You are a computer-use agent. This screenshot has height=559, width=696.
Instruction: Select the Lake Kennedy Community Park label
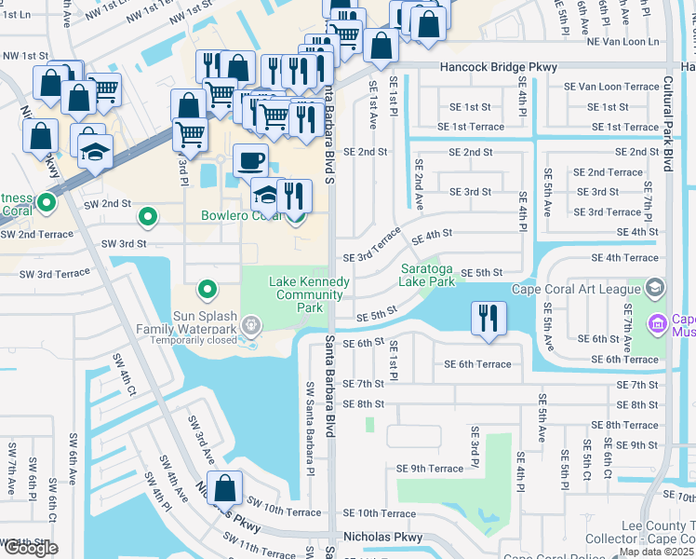(310, 294)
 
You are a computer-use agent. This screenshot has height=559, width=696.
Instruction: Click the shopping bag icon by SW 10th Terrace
(224, 487)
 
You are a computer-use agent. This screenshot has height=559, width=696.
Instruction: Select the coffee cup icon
(249, 159)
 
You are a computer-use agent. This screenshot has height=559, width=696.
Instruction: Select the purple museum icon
(657, 324)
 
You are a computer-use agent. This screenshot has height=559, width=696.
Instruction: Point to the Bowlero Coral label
(241, 216)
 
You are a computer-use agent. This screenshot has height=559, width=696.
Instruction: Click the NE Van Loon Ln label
(621, 42)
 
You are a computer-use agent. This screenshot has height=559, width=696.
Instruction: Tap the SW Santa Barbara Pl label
(310, 426)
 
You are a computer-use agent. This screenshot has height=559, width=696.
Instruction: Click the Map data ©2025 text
(657, 552)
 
